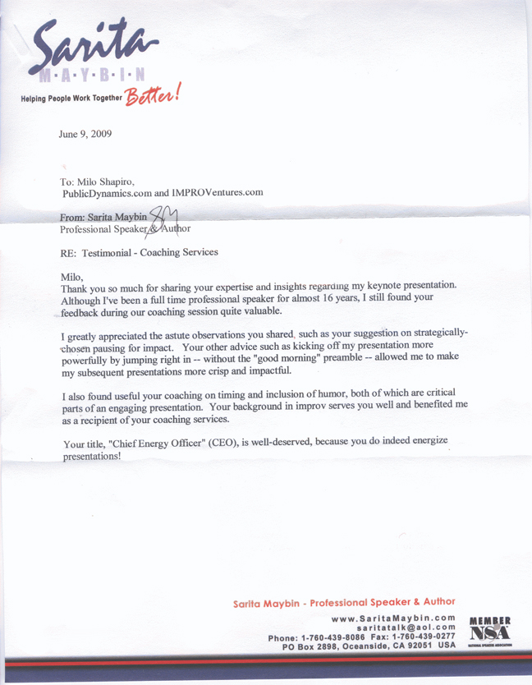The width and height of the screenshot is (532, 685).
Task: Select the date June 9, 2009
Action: (x=85, y=133)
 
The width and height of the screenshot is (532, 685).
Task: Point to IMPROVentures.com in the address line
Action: (x=218, y=192)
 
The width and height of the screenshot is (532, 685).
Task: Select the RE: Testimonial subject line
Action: (x=140, y=252)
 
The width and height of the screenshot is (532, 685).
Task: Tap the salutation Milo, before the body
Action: (x=73, y=278)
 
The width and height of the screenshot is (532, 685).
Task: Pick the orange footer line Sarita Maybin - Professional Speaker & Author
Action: (x=344, y=602)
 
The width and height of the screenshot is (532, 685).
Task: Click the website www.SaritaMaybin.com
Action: (x=392, y=618)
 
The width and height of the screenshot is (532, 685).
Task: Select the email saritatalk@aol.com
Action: (x=405, y=628)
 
